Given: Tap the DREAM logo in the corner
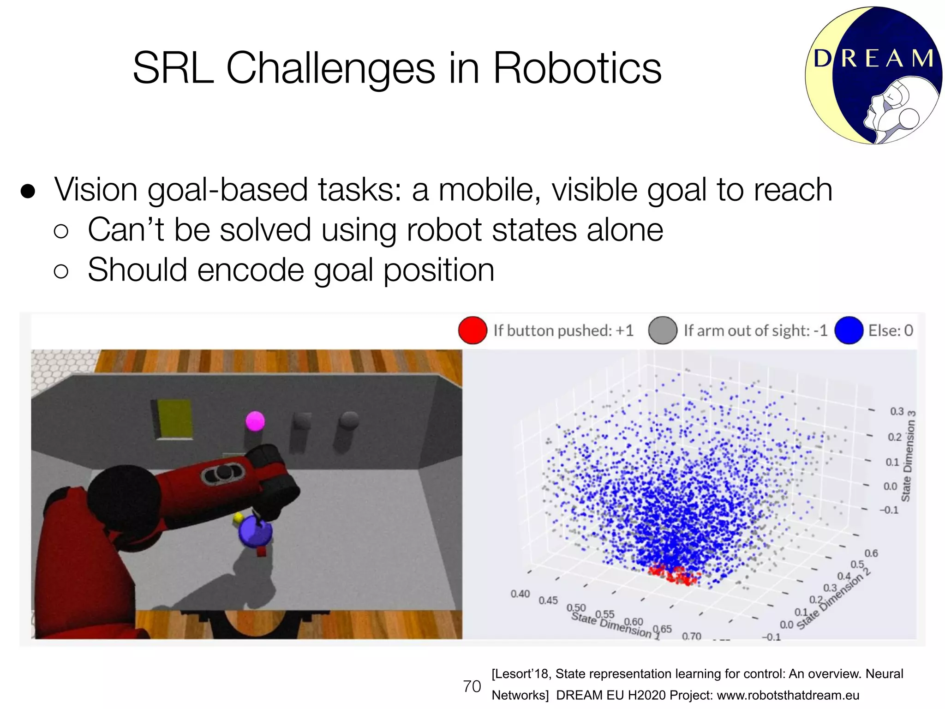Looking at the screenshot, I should point(873,76).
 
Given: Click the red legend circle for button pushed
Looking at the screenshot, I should point(472,330).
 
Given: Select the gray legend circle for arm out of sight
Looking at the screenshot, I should point(663,330).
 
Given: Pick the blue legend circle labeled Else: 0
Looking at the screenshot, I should point(849,330).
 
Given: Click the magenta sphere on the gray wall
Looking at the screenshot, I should point(255,421).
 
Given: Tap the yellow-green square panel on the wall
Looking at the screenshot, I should point(175,418).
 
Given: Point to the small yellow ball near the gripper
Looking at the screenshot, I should point(238,518).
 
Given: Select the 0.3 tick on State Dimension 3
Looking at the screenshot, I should point(897,411).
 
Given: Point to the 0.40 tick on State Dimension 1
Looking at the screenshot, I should point(520,594).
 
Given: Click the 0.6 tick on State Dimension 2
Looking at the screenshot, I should point(871,553).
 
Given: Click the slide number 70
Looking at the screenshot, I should point(472,686).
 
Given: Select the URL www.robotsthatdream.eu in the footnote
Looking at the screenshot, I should point(788,695).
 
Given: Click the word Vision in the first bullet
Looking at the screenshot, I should point(96,190).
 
